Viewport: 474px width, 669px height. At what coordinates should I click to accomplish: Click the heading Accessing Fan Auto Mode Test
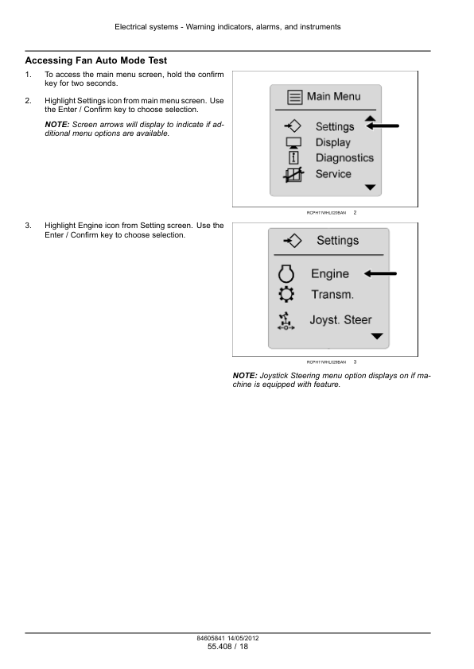[x=96, y=60]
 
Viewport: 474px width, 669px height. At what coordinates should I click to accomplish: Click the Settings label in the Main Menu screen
[x=335, y=126]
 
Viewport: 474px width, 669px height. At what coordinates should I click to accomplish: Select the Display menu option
[x=333, y=142]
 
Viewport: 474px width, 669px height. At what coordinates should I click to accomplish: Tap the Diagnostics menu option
[x=344, y=158]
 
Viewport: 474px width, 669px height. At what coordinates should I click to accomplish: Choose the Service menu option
[x=333, y=174]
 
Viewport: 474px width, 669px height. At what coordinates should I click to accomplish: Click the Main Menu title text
[x=333, y=96]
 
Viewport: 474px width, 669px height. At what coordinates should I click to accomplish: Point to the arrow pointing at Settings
[x=383, y=126]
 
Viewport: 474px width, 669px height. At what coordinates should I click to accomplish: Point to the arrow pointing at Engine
[x=380, y=273]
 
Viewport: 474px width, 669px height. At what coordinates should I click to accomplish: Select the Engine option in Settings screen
[x=330, y=273]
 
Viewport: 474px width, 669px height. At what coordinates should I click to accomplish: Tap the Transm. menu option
[x=332, y=295]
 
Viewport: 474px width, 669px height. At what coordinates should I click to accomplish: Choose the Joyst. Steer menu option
[x=340, y=319]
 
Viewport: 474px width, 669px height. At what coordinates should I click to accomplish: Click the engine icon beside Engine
[x=286, y=273]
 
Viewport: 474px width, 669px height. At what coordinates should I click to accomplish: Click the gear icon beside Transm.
[x=286, y=295]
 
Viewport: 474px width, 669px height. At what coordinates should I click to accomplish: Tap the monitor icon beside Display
[x=293, y=142]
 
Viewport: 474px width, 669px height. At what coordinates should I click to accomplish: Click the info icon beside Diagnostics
[x=293, y=158]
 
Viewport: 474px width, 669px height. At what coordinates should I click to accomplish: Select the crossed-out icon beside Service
[x=293, y=175]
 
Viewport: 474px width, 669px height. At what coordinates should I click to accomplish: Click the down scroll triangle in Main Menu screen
[x=371, y=188]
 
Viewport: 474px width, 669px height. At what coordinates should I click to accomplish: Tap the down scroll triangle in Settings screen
[x=377, y=336]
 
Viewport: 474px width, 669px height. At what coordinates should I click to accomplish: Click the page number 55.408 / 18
[x=227, y=647]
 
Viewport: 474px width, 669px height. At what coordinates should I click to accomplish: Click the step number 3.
[x=28, y=226]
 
